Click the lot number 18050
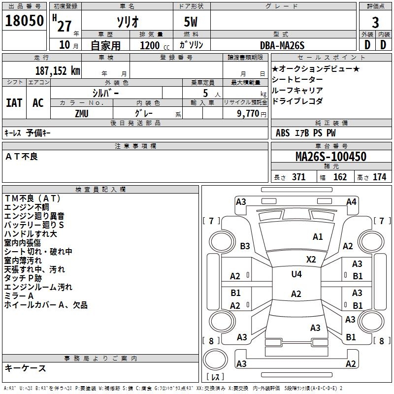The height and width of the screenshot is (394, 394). [x=24, y=21]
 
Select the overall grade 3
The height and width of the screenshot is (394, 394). [x=375, y=23]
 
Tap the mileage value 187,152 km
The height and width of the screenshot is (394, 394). [x=58, y=71]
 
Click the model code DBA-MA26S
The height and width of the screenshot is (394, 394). [x=282, y=45]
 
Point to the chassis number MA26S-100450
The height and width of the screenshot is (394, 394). [x=331, y=156]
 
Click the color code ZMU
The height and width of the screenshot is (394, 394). [x=82, y=114]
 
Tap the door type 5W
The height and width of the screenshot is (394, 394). [x=191, y=22]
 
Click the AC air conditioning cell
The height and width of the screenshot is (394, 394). [x=38, y=103]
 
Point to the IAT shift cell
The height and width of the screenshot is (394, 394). [x=14, y=103]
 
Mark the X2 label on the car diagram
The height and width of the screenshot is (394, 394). [x=311, y=260]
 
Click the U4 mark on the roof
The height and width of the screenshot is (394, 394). [x=296, y=274]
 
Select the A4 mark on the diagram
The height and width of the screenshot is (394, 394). [x=351, y=202]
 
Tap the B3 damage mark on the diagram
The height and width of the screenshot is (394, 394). [x=245, y=246]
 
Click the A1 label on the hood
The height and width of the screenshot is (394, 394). [x=318, y=237]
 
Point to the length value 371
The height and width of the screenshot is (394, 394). [x=298, y=177]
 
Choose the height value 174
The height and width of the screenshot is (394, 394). [x=379, y=177]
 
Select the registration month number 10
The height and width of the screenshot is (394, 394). [x=65, y=45]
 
